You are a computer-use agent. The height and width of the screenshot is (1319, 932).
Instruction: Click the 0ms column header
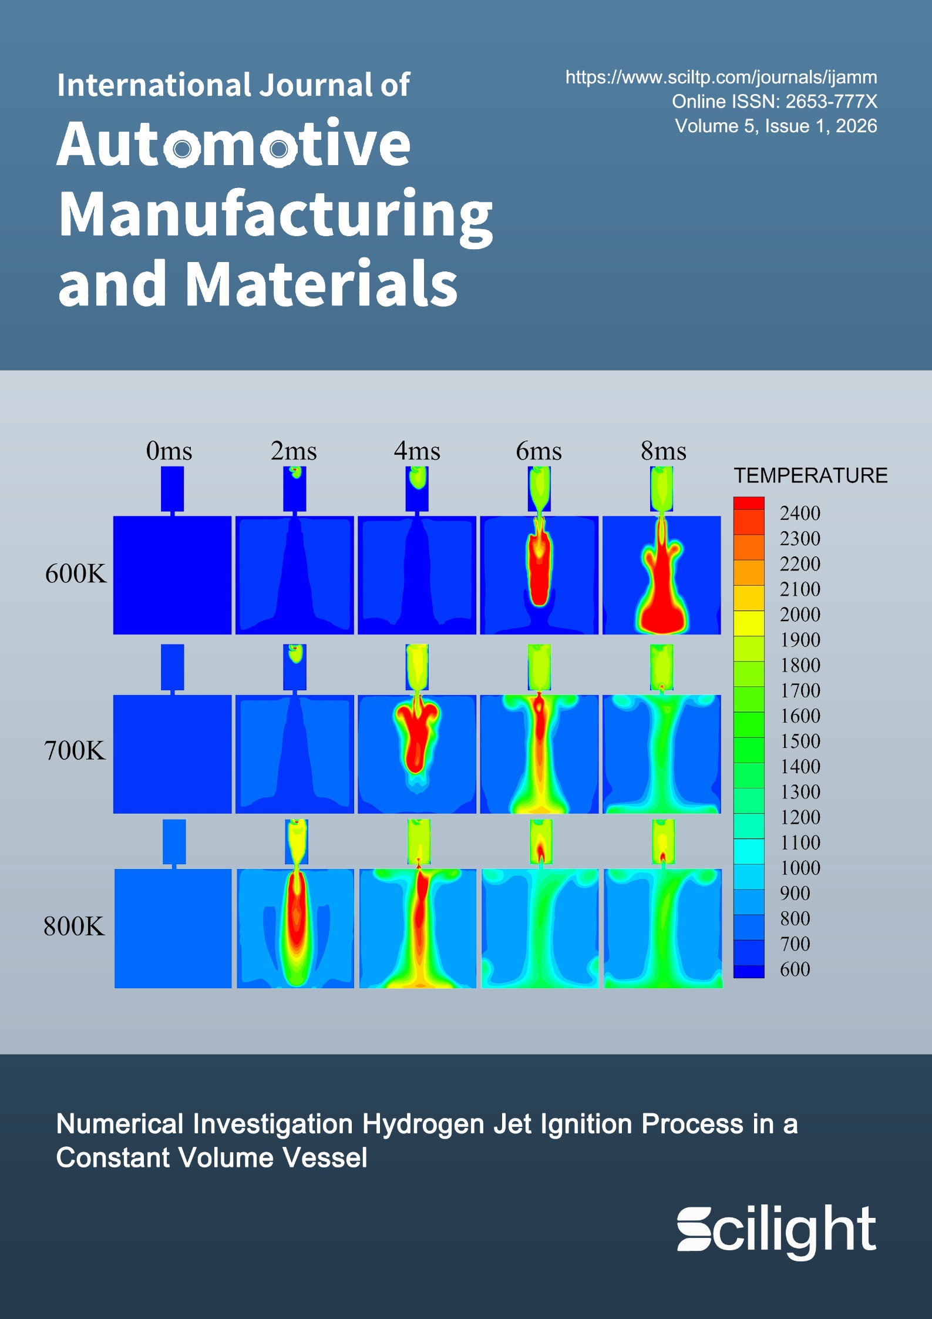click(x=169, y=451)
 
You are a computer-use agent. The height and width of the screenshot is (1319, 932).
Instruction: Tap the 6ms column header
click(x=539, y=451)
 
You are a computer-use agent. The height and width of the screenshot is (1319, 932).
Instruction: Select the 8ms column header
click(x=663, y=451)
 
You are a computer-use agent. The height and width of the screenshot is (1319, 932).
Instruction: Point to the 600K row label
click(x=76, y=573)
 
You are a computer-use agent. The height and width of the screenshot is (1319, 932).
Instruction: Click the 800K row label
click(x=74, y=927)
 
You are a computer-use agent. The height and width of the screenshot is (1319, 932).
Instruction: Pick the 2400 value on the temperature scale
click(x=800, y=513)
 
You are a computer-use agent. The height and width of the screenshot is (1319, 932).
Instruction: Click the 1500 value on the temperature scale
click(x=800, y=741)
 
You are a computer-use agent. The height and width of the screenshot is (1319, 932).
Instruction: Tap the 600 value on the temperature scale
click(x=795, y=969)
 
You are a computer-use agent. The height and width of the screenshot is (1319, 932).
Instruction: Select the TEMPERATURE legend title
click(x=810, y=475)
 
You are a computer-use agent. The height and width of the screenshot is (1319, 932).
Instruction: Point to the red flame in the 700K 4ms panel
click(x=416, y=734)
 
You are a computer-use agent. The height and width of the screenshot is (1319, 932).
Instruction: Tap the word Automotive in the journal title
click(x=234, y=144)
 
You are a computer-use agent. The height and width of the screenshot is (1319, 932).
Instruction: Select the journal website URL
click(x=721, y=77)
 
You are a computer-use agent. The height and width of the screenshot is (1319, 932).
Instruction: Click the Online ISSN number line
click(x=774, y=102)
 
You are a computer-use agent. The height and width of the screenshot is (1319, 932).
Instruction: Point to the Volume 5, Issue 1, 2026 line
click(x=775, y=126)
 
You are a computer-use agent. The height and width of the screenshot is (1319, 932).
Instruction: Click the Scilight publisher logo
click(x=776, y=1229)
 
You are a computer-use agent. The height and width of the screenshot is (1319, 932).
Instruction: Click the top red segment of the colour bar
click(x=749, y=504)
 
